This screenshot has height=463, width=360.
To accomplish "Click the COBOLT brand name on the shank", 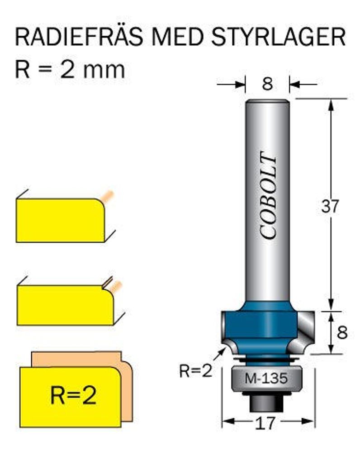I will [269, 197].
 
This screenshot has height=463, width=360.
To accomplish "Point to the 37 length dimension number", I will [330, 207].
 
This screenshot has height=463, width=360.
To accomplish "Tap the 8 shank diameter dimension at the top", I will [268, 84].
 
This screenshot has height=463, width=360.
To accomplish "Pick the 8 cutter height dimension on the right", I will [342, 333].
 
